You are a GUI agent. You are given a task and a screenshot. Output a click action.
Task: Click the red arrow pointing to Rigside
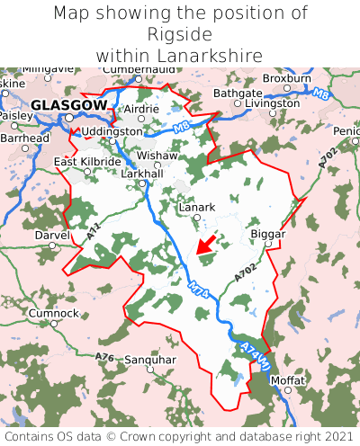click(206, 243)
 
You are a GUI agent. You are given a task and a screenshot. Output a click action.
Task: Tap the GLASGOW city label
click(68, 105)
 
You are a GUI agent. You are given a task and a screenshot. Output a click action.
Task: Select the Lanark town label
click(197, 207)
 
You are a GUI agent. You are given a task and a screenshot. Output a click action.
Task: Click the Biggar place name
click(267, 234)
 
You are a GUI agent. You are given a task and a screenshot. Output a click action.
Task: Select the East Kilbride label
click(87, 162)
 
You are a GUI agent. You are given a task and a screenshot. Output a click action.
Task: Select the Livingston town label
click(272, 103)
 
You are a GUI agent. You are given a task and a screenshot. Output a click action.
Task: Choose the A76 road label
click(106, 358)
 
